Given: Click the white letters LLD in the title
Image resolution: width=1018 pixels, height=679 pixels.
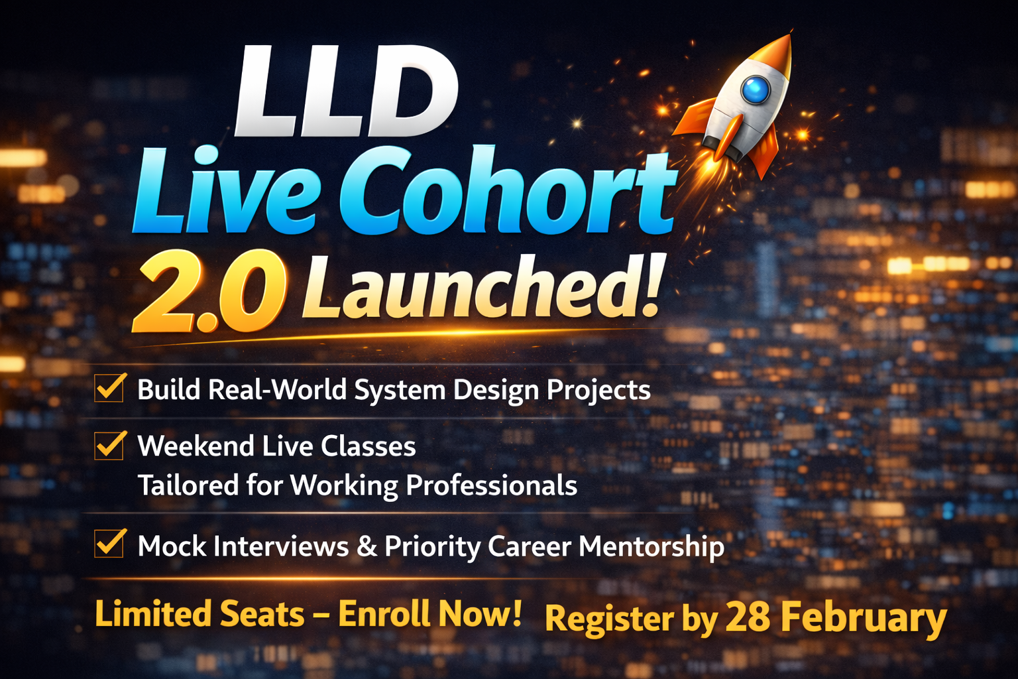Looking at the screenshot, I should (345, 93).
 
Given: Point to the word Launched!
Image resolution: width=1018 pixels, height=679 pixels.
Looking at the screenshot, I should (481, 288).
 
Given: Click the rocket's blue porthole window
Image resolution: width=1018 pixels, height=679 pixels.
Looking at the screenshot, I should (756, 90).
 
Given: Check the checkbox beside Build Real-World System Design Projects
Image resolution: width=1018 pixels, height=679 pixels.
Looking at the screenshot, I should (109, 388).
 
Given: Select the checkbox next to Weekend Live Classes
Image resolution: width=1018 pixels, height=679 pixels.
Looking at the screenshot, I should (109, 445).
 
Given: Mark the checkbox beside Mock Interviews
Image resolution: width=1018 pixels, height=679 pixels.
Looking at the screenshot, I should (109, 543).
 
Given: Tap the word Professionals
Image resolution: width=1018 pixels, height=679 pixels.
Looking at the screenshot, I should (491, 486).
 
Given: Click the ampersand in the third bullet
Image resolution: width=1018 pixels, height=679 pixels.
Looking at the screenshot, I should (367, 546).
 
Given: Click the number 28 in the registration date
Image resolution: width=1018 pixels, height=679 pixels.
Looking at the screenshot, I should (747, 618).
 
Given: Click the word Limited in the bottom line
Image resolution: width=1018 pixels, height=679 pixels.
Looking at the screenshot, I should (153, 614).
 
